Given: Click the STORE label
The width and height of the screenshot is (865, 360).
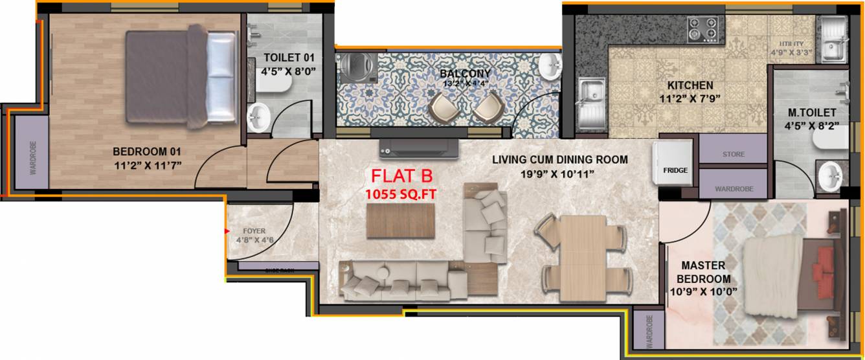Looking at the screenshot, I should click(733, 155).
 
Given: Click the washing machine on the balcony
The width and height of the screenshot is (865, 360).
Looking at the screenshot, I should click(354, 66).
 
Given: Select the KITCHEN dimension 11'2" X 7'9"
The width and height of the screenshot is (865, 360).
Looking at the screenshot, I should click(690, 99).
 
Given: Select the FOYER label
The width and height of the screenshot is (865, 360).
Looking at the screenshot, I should click(254, 231).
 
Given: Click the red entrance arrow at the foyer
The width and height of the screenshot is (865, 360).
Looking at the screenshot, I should click(227, 231).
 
